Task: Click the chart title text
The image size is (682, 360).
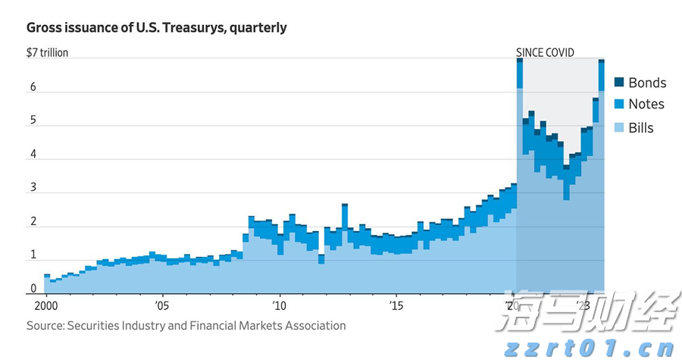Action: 157,28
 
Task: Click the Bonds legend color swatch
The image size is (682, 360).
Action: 618,83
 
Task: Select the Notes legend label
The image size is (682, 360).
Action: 646,105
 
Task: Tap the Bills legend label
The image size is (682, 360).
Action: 641,128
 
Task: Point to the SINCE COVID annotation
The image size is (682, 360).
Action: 546,53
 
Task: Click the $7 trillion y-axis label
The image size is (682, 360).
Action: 47,53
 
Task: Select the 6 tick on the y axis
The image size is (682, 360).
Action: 33,87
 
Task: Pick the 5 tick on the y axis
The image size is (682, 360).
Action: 33,121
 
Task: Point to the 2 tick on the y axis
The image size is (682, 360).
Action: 33,221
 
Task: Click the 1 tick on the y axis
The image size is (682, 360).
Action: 33,255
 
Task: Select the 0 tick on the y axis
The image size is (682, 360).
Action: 33,289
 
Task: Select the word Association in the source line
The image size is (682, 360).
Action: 314,326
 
